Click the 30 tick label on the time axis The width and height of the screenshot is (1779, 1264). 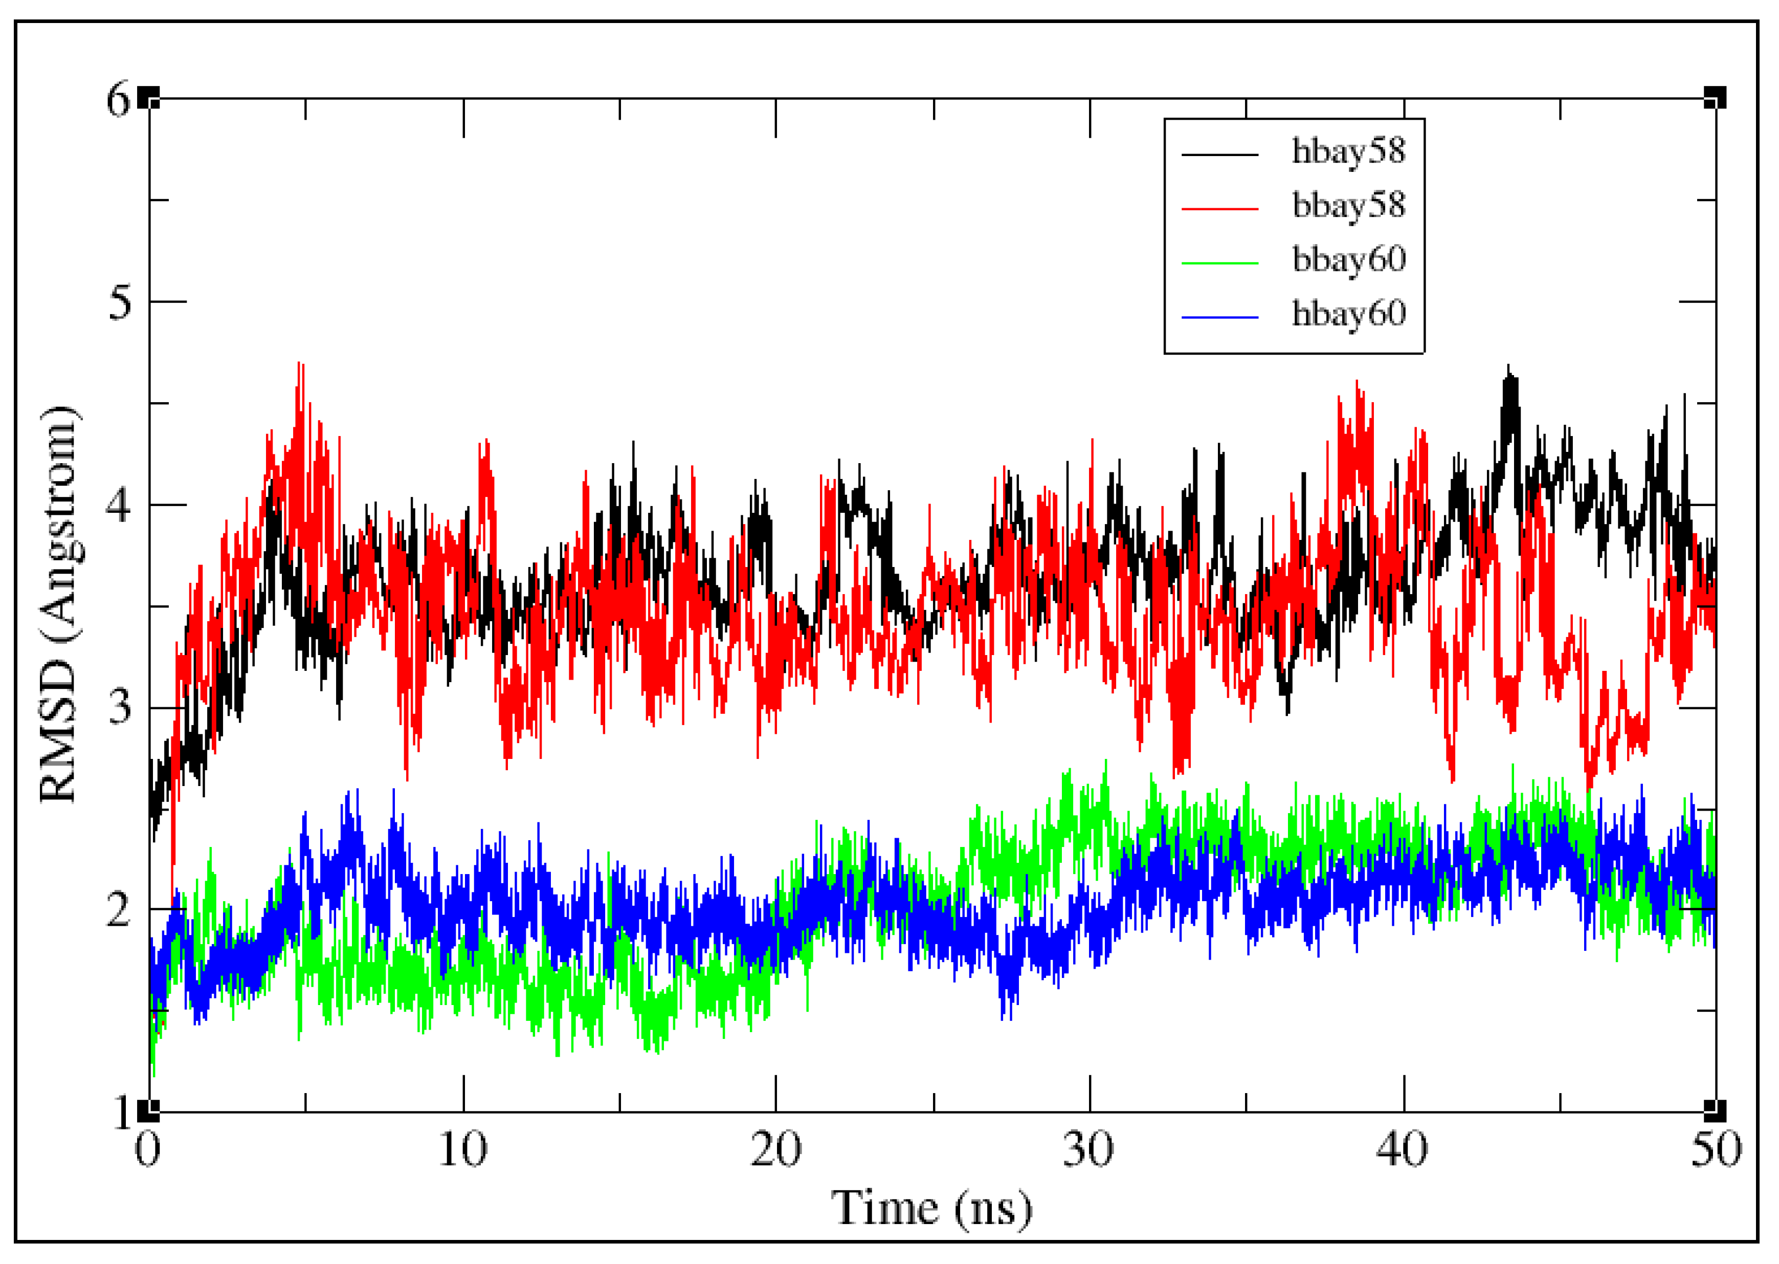[1088, 1149]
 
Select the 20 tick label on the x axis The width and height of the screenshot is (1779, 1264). [775, 1149]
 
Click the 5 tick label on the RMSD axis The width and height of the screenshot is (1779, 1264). [120, 301]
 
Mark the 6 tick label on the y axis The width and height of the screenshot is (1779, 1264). [120, 100]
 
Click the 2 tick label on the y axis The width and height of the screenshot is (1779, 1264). [120, 909]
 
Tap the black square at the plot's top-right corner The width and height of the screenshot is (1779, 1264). [1715, 98]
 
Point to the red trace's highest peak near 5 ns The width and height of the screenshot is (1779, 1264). [300, 364]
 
